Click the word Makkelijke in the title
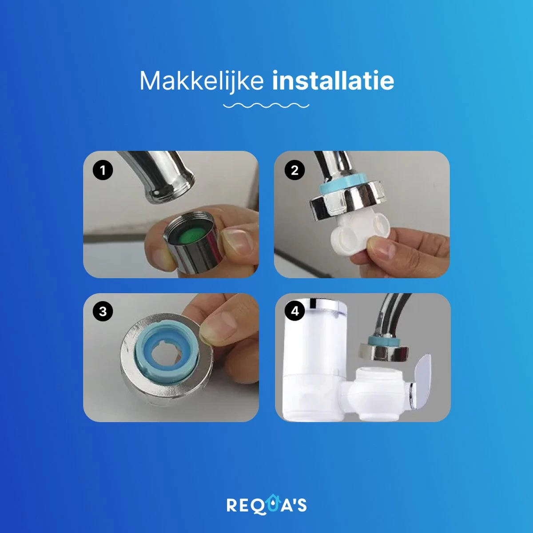pyautogui.click(x=201, y=81)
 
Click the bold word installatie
pyautogui.click(x=333, y=80)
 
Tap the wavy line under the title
pyautogui.click(x=266, y=105)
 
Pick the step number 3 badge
pyautogui.click(x=103, y=311)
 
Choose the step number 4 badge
pyautogui.click(x=295, y=311)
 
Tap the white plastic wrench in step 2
pyautogui.click(x=360, y=232)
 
